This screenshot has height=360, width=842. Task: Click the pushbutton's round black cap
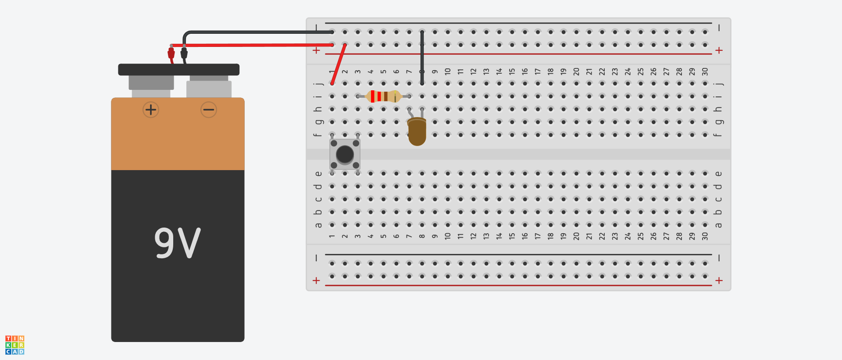pos(345,154)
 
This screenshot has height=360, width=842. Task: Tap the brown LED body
pos(417,132)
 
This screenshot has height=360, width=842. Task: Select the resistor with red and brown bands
pos(383,96)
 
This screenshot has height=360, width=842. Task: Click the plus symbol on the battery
pos(151,110)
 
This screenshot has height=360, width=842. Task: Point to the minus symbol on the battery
pos(209,110)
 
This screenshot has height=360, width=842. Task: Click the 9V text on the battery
pos(178,243)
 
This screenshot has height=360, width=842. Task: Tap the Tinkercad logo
pos(15,345)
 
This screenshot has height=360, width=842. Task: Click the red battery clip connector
pos(171,53)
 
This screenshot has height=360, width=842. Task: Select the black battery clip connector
pos(184,53)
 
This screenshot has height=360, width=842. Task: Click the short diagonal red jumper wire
pos(339,64)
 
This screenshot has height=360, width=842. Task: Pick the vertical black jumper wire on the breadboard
pos(422,57)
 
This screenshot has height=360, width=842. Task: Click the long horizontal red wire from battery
pos(252,45)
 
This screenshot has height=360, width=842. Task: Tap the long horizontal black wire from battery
pos(259,32)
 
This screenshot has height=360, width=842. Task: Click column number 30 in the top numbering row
pos(705,71)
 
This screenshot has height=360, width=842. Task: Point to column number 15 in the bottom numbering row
pos(512,236)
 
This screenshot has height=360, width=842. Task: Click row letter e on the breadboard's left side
pos(318,174)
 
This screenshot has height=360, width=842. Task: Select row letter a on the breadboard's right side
pos(718,225)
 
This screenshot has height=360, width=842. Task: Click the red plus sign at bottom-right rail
pos(719,281)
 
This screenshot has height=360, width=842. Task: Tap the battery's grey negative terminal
pos(209,87)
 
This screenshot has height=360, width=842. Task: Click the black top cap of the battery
pos(179,70)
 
